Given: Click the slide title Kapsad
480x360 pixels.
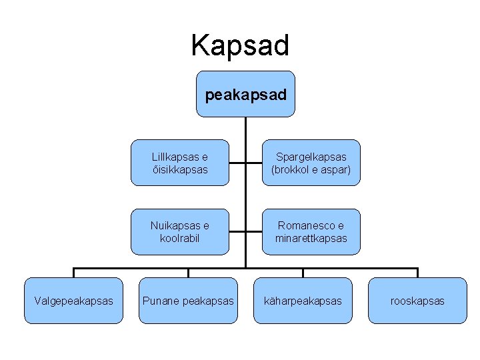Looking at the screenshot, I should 240,45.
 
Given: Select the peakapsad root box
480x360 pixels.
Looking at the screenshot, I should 246,95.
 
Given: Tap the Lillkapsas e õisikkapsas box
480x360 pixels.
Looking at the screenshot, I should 179,163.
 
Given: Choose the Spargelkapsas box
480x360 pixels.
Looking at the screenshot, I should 311,163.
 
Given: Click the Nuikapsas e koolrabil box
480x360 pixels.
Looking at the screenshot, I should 179,232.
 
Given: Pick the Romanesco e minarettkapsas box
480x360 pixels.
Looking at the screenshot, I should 311,232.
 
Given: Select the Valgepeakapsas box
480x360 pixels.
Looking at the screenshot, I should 73,301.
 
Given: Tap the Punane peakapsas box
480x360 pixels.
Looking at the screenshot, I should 188,301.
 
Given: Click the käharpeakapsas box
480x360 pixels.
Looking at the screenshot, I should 303,301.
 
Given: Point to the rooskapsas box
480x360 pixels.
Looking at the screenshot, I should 418,301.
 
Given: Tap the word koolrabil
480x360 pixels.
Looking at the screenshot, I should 179,239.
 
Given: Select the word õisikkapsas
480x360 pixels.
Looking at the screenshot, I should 179,169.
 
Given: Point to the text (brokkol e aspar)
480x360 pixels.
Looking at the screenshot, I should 311,169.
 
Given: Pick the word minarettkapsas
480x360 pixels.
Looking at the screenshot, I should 311,239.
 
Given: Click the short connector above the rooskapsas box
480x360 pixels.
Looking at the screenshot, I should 418,273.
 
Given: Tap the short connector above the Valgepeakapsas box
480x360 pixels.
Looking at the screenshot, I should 73,273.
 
